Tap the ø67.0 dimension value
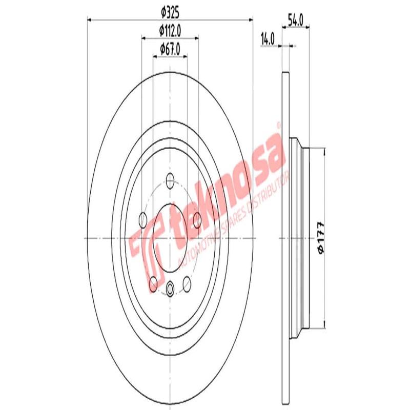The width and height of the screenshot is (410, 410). point(170,49)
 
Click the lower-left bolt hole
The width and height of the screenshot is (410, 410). point(153,282)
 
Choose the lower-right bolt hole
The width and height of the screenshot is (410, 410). point(187,282)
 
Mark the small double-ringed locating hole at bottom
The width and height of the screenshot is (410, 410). point(170,287)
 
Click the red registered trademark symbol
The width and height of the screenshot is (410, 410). point(279,125)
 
